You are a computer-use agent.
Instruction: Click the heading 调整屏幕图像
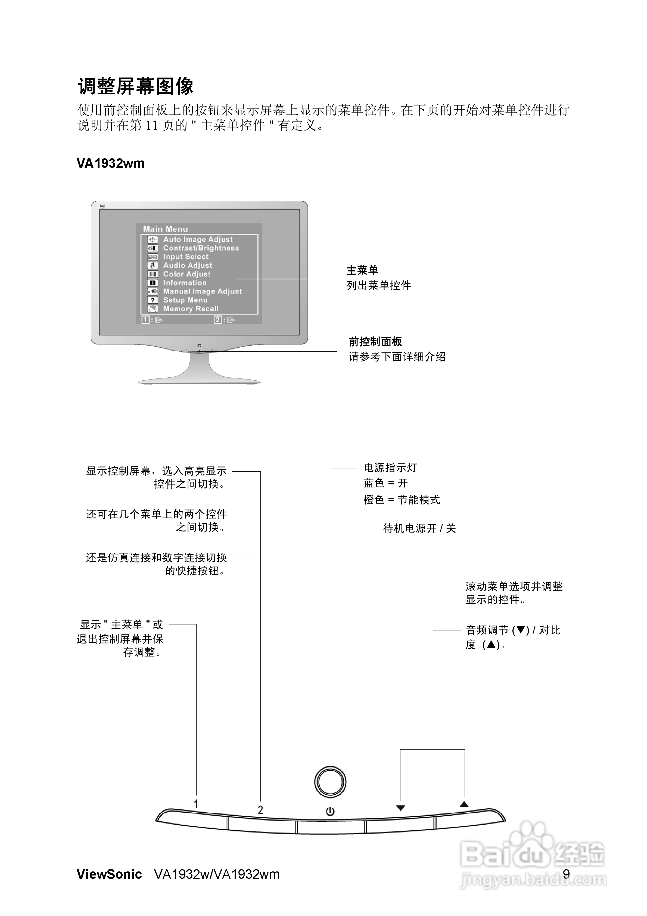(136, 86)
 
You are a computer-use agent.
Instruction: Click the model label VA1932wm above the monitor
(110, 163)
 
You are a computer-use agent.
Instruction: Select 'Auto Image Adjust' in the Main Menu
(198, 239)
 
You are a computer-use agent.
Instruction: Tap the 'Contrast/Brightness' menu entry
(201, 248)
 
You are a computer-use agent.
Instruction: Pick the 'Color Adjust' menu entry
(187, 274)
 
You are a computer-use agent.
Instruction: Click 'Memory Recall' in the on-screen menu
(191, 309)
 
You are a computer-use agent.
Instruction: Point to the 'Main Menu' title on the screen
(165, 229)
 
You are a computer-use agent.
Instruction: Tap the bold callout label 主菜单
(362, 271)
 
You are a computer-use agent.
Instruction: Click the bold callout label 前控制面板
(375, 342)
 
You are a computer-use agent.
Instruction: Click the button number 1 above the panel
(196, 804)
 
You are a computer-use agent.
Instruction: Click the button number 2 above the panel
(260, 810)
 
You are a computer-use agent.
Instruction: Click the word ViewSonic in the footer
(109, 874)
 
